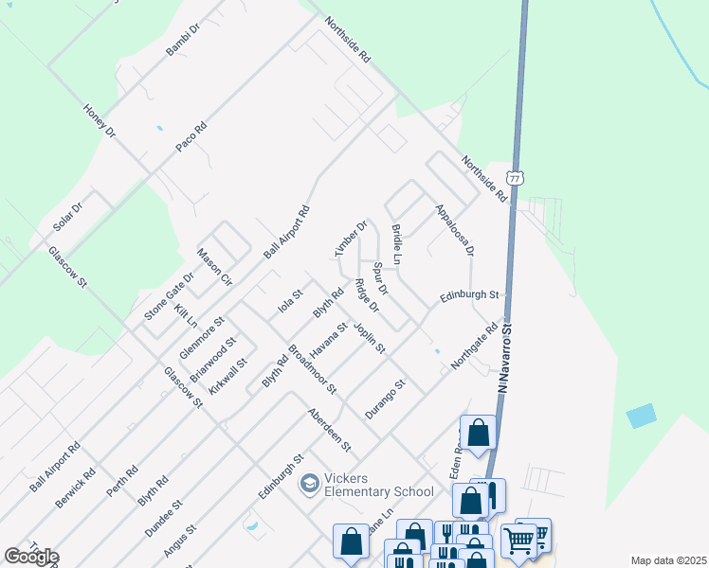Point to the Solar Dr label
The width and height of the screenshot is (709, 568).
coord(68,215)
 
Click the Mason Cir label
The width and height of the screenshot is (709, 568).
coord(213,266)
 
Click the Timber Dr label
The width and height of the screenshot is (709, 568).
coord(350,239)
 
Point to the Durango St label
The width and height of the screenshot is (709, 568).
coord(386,399)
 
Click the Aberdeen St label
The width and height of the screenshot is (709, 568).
coord(329,430)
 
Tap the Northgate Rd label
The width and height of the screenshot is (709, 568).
coord(474,347)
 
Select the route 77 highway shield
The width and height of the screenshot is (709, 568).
coord(514,178)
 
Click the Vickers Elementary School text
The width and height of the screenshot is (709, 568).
coord(379,485)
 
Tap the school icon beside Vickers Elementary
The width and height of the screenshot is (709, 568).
coord(309,485)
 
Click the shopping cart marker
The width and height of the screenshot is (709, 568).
coord(518,541)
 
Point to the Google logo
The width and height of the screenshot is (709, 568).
coord(31,557)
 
